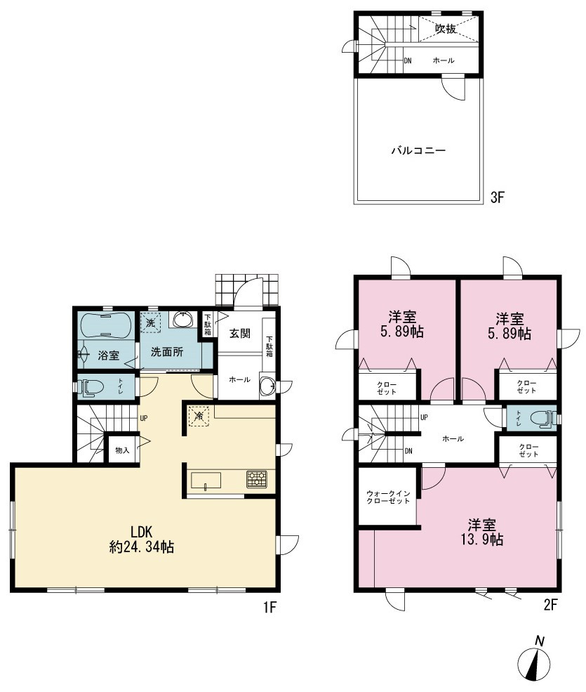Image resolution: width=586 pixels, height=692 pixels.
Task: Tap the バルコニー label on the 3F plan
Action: (418, 151)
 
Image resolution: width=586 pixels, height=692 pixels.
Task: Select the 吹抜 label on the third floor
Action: (446, 29)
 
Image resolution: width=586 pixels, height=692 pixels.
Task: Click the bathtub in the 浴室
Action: (106, 326)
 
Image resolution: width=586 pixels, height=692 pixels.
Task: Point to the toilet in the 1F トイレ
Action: (91, 387)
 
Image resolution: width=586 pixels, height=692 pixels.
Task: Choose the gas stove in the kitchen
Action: (257, 479)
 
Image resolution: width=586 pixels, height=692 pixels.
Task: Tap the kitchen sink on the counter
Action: (206, 481)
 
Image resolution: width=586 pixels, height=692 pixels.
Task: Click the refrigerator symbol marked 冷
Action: (199, 416)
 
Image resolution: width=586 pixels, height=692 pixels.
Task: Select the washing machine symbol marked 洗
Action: (150, 322)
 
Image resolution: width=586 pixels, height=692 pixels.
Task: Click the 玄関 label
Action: (240, 333)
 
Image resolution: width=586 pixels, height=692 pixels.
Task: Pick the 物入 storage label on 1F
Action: (122, 450)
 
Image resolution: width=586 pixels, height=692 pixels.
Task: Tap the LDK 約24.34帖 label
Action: (142, 539)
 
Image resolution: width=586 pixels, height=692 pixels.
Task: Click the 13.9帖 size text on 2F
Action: (482, 540)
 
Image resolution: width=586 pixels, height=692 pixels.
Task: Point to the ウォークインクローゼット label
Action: (388, 497)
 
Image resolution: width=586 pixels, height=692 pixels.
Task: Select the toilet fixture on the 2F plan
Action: (542, 418)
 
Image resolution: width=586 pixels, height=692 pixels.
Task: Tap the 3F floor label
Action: (497, 197)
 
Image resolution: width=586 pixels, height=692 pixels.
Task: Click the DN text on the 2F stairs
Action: (408, 450)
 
